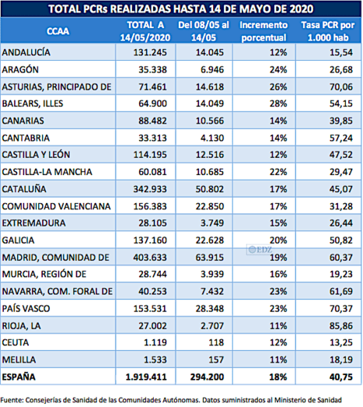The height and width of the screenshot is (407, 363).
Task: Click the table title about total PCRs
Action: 180,9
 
